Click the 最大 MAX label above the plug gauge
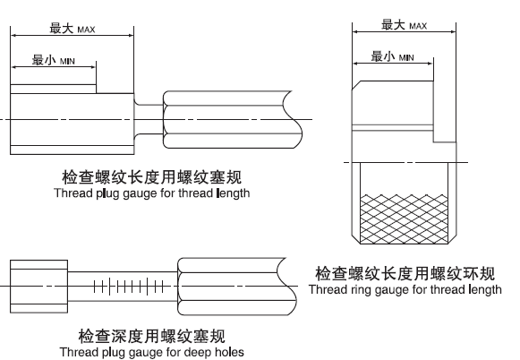point(72,29)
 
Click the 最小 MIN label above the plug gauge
point(54,60)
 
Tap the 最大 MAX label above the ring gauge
point(404,25)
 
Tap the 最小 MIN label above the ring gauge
point(392,56)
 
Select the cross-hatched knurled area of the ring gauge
point(404,219)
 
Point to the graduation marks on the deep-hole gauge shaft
point(129,287)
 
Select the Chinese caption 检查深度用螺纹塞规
point(152,336)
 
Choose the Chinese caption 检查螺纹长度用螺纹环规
point(405,273)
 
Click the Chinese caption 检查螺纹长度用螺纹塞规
point(152,176)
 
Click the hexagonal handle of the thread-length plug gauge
point(232,119)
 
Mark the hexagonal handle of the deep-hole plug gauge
point(237,287)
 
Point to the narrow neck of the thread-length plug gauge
point(149,119)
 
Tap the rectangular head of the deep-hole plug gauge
point(38,287)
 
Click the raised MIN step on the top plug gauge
point(54,89)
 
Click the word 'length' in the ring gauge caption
point(485,289)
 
